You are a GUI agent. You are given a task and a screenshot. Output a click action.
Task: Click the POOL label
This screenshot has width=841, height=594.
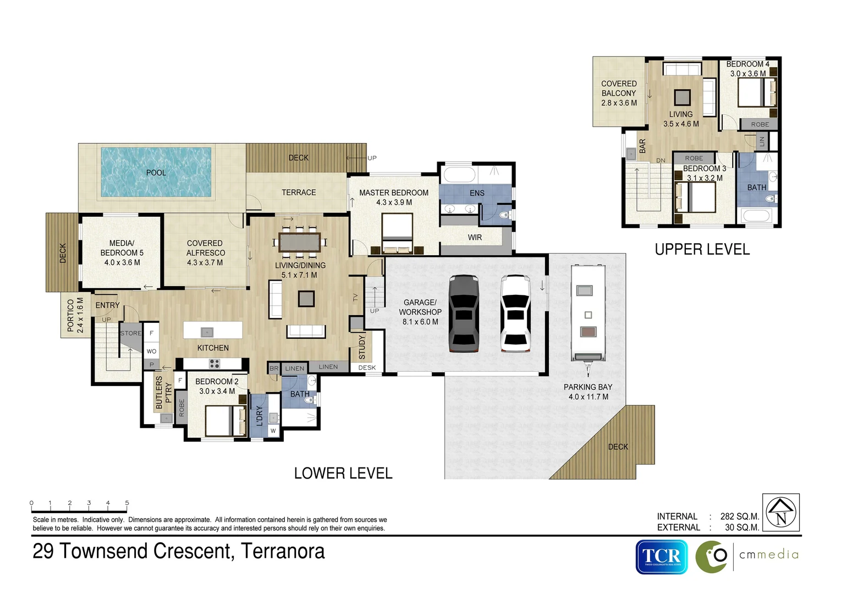coord(156,173)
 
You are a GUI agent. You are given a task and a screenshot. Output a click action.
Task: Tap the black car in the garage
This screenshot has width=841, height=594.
coord(464,313)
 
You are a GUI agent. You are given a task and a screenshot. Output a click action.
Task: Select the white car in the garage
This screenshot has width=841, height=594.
coord(515,313)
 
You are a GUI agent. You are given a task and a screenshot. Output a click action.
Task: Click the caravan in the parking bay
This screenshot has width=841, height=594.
coord(588,312)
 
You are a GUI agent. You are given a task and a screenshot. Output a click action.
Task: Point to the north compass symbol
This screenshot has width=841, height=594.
coord(781,512)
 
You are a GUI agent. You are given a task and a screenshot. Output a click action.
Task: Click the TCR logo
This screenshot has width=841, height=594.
coord(662,557)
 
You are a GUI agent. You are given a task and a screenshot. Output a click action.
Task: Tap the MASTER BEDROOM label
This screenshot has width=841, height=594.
coord(394,193)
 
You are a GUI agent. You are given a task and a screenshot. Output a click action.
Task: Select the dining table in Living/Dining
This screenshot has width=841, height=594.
coord(299,242)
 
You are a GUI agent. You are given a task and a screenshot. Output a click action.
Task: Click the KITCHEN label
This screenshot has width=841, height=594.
coord(213,348)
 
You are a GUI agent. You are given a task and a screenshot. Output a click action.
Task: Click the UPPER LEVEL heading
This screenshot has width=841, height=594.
coord(702,250)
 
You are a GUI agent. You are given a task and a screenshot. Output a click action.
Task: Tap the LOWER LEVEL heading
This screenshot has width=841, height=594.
coord(343,474)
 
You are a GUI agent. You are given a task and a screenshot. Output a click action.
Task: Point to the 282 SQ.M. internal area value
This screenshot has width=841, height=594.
coord(739,516)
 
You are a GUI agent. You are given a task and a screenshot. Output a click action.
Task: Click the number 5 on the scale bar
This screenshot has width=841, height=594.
coord(127,503)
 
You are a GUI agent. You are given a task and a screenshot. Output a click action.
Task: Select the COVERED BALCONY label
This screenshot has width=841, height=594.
coord(619,89)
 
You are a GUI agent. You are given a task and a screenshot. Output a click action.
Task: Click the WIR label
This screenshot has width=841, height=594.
coord(475,238)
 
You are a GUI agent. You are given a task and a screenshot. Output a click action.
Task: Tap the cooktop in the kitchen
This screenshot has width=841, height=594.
coord(215,364)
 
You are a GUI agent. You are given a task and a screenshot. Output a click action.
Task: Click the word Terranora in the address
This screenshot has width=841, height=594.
coord(283,551)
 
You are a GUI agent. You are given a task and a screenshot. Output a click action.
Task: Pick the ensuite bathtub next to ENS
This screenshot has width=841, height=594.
coord(459,175)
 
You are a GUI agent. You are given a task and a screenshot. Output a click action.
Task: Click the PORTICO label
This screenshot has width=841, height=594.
coord(70,315)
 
